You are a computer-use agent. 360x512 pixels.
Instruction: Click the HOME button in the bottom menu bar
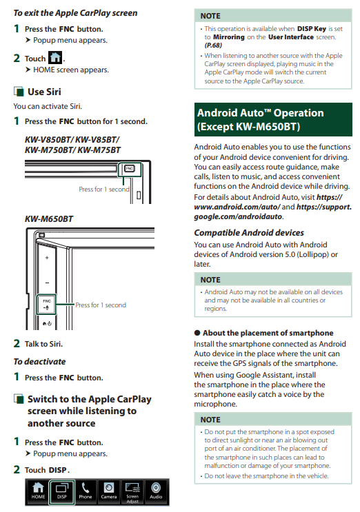pyautogui.click(x=38, y=491)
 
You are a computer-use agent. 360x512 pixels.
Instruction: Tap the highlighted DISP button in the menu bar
pyautogui.click(x=62, y=492)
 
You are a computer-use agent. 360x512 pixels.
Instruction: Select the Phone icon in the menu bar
pyautogui.click(x=86, y=492)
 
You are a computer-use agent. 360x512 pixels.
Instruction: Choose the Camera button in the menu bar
pyautogui.click(x=109, y=492)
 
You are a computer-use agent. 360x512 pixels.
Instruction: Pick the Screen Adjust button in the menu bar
pyautogui.click(x=132, y=492)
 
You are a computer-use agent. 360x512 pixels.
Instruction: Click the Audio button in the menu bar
pyautogui.click(x=156, y=492)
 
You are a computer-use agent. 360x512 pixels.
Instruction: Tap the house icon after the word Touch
pyautogui.click(x=55, y=58)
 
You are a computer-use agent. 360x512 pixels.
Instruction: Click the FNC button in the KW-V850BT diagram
pyautogui.click(x=130, y=169)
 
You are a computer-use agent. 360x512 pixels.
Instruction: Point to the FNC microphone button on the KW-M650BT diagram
pyautogui.click(x=46, y=305)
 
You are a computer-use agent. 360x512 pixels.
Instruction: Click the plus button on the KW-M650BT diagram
pyautogui.click(x=47, y=258)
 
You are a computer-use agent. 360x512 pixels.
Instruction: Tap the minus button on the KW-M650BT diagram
pyautogui.click(x=47, y=283)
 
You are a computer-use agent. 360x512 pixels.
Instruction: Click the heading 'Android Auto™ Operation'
pyautogui.click(x=261, y=113)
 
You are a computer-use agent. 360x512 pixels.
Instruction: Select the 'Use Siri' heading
pyautogui.click(x=44, y=92)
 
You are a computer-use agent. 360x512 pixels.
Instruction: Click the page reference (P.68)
pyautogui.click(x=213, y=45)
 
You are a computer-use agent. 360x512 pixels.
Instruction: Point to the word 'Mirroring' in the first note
pyautogui.click(x=229, y=37)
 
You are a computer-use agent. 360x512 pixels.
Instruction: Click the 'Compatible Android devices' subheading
pyautogui.click(x=249, y=232)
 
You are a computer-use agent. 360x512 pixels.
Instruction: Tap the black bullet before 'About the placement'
pyautogui.click(x=197, y=333)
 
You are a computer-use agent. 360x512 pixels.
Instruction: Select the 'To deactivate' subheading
pyautogui.click(x=39, y=362)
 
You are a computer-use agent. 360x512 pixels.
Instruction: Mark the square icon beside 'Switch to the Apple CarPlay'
pyautogui.click(x=19, y=399)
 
